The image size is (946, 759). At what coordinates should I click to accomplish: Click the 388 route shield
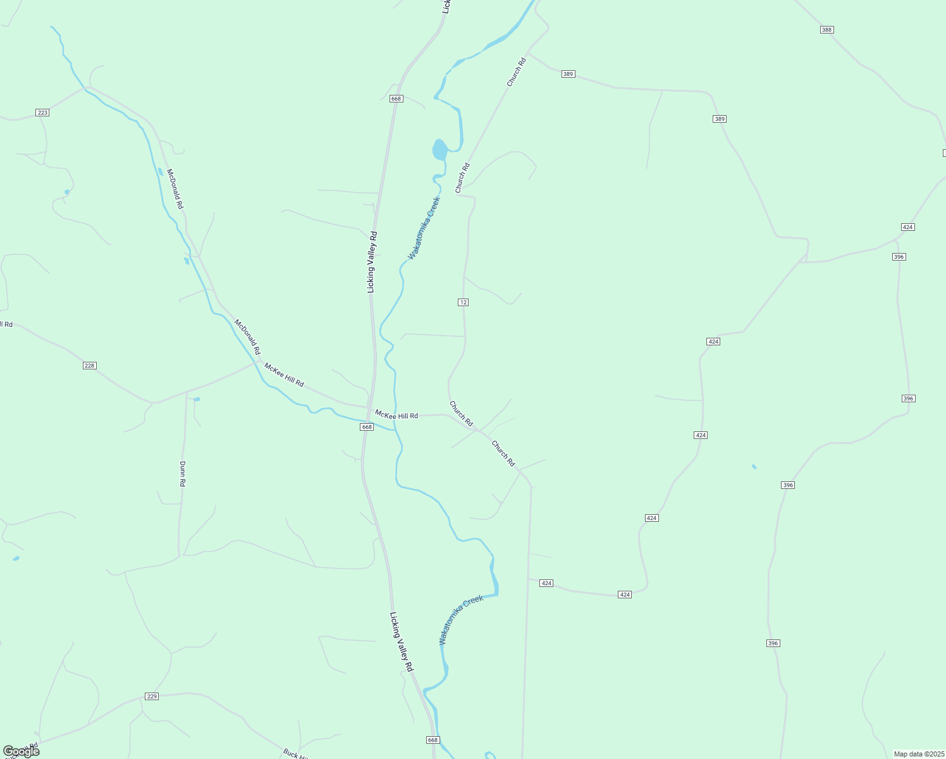(827, 30)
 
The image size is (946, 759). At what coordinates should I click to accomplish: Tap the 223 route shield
(42, 113)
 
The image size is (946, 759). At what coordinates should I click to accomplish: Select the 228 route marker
(89, 366)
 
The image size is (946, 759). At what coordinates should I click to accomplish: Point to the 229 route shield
(152, 696)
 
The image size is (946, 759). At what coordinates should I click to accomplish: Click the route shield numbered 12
(464, 302)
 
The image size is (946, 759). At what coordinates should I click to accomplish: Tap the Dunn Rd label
(182, 473)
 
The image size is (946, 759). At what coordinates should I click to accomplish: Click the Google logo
(21, 751)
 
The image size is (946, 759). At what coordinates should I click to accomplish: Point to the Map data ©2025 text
(918, 754)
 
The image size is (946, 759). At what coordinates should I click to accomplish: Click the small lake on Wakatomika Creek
(439, 150)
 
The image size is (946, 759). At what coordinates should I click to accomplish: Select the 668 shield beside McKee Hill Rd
(367, 427)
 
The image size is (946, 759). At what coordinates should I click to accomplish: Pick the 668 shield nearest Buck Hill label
(433, 740)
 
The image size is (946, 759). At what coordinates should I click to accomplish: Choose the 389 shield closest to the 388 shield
(720, 119)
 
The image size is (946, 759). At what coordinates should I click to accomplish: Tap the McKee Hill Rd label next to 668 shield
(396, 415)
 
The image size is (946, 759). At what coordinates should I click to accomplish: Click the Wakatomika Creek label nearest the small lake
(424, 228)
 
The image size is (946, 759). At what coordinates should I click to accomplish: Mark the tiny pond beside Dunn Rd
(197, 399)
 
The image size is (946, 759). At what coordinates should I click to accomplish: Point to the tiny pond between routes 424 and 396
(754, 467)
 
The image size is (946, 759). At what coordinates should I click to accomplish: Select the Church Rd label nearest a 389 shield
(516, 72)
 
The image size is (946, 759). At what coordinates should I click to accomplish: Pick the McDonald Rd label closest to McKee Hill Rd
(247, 336)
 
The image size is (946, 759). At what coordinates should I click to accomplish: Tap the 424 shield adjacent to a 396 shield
(907, 227)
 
